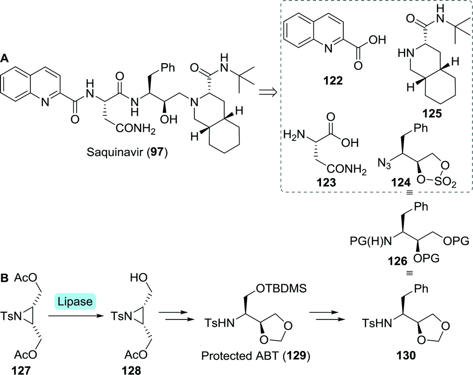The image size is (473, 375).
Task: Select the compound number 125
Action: (x=424, y=116)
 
